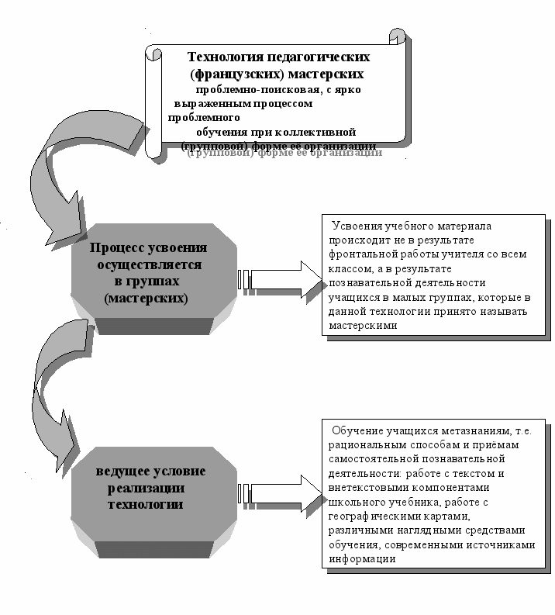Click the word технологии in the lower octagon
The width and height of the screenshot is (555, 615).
tap(146, 504)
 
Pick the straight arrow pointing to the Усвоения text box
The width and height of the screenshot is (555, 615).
tap(279, 278)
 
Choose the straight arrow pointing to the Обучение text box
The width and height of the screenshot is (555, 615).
tap(279, 492)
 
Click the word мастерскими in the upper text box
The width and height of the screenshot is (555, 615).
tap(362, 326)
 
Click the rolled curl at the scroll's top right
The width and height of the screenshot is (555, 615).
tap(397, 36)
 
